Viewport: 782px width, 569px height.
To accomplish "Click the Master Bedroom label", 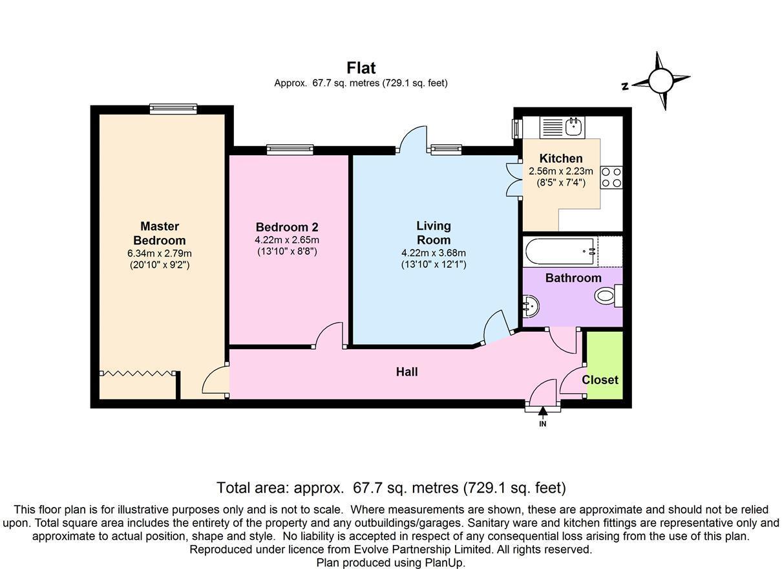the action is (x=160, y=233).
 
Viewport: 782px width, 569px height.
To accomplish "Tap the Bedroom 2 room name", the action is (x=286, y=227).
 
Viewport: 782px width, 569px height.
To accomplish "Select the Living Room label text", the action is (x=433, y=232).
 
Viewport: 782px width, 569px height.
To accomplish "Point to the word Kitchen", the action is (x=560, y=158).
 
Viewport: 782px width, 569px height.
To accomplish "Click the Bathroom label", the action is (x=573, y=278).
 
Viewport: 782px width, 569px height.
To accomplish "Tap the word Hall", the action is (x=407, y=372).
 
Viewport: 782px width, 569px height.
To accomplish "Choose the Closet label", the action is (x=600, y=380).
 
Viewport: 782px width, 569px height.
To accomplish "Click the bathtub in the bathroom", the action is (x=560, y=251).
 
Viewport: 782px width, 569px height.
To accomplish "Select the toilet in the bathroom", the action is (x=608, y=296).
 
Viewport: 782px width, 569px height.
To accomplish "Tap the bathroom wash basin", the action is (x=530, y=306).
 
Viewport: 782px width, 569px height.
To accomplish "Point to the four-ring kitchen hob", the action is (x=611, y=178).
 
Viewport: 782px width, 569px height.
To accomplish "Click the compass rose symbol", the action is (x=660, y=81).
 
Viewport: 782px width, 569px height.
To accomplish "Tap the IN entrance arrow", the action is (x=542, y=414).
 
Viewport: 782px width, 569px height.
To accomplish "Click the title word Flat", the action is (x=361, y=68).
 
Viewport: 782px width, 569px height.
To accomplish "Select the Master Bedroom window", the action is (x=173, y=109).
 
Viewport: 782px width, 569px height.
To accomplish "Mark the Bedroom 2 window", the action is (x=290, y=150).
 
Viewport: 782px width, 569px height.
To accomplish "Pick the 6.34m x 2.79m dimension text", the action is (x=160, y=253).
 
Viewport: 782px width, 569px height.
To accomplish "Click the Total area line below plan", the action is (x=391, y=488).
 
